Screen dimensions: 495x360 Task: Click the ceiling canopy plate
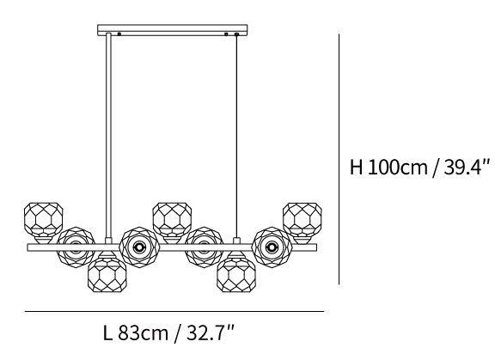point(173,30)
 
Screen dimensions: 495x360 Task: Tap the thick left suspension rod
point(108,135)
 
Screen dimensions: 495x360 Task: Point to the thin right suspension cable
point(236,136)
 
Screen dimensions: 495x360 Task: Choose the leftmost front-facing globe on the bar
point(76,247)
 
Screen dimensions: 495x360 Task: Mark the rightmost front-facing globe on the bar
point(272,247)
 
